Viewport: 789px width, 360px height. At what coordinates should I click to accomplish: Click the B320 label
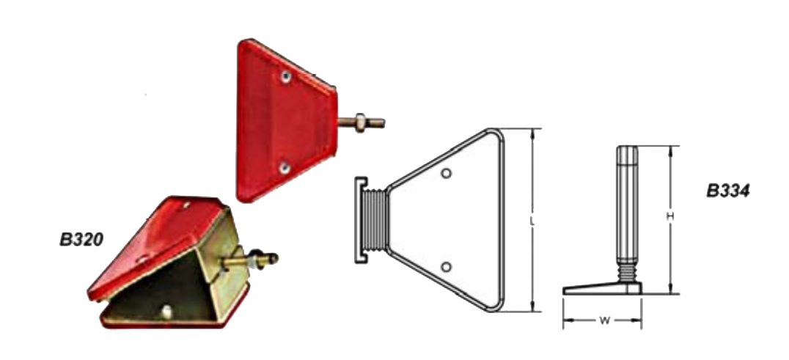tap(81, 240)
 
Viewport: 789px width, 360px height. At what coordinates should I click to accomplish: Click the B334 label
tap(728, 191)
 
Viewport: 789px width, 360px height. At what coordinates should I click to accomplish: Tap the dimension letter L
tap(532, 221)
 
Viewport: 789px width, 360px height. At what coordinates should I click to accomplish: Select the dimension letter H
tap(669, 216)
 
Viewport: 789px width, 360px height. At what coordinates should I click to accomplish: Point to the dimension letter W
tap(604, 320)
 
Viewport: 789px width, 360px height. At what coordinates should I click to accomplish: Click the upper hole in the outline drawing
tap(446, 174)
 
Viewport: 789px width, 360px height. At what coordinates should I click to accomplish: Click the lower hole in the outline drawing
tap(446, 267)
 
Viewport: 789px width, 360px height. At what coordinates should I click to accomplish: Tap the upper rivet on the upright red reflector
tap(286, 77)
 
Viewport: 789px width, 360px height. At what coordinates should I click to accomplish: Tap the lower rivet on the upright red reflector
tap(285, 167)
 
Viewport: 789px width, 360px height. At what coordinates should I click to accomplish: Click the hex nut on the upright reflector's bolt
tap(360, 122)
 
